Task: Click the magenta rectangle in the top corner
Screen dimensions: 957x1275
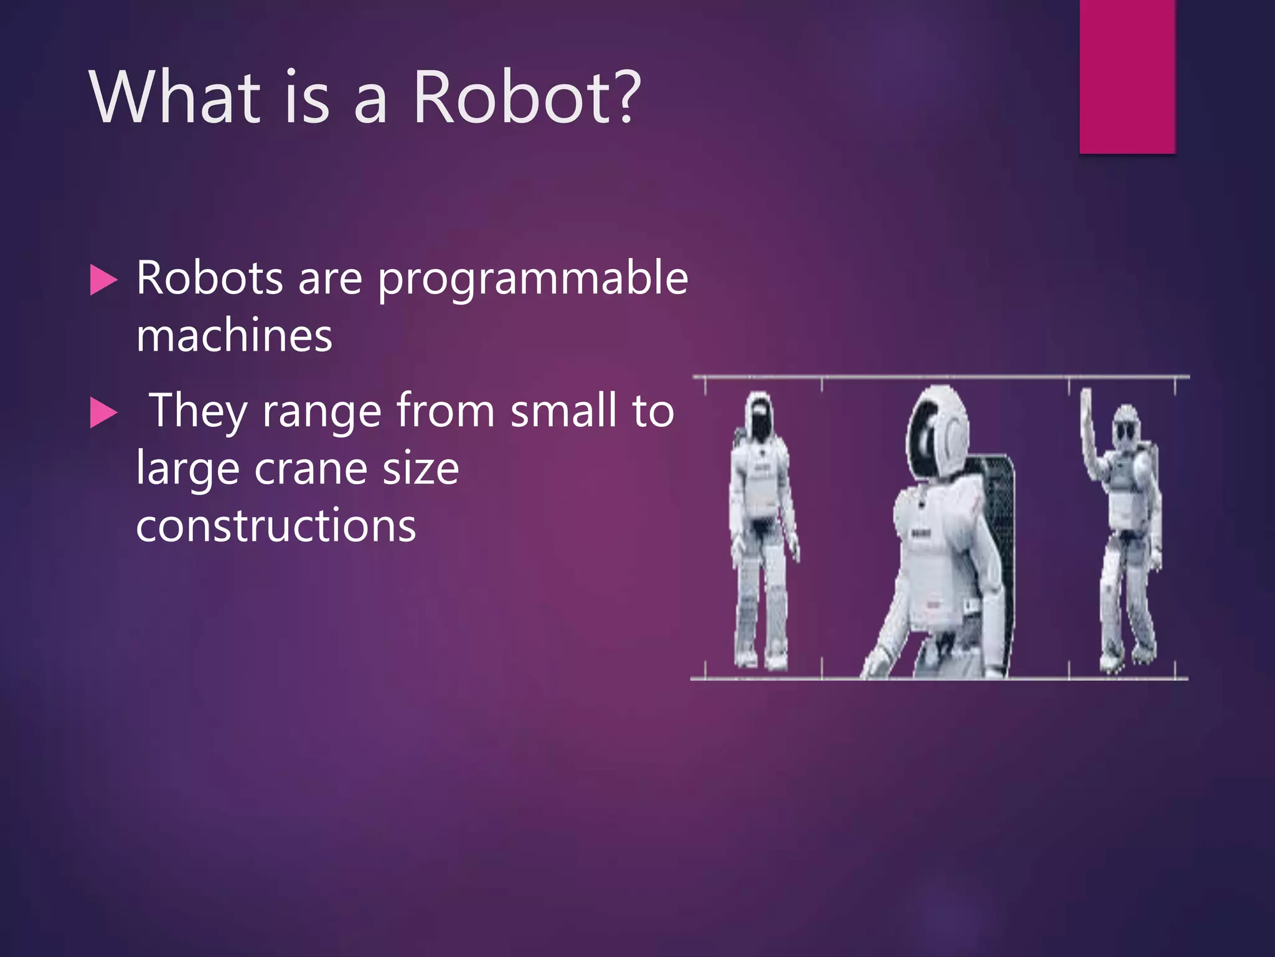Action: click(1127, 76)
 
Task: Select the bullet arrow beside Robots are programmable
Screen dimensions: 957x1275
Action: click(103, 280)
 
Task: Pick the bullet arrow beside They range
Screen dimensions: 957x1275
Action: click(103, 413)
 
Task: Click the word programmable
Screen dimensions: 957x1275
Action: click(533, 280)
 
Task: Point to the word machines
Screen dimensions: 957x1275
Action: click(234, 336)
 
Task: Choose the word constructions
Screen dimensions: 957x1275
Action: click(276, 525)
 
